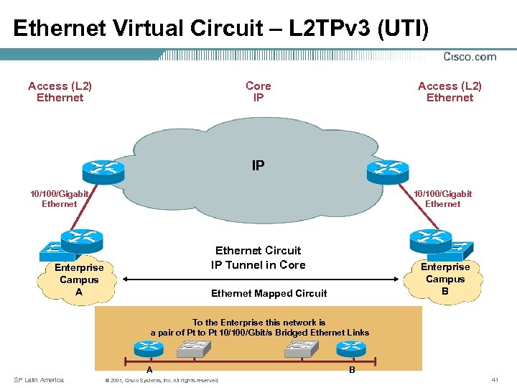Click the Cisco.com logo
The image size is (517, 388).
[x=470, y=57]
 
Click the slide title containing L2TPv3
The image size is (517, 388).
[x=221, y=28]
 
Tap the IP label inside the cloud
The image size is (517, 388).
[x=258, y=165]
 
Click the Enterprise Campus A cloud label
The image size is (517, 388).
[x=79, y=280]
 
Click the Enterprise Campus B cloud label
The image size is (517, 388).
[x=445, y=279]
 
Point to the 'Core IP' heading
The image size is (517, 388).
[x=258, y=91]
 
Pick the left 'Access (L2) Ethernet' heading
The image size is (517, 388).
[x=60, y=91]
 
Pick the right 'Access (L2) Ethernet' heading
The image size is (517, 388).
[x=450, y=91]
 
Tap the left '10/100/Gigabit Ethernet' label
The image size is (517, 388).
[x=59, y=198]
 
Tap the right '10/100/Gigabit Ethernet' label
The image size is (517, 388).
[x=442, y=198]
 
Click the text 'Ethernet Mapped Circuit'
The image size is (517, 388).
[x=269, y=293]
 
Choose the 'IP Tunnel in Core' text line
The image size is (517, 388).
[x=258, y=264]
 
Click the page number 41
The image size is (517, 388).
[x=495, y=379]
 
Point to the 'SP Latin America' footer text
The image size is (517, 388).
[x=39, y=379]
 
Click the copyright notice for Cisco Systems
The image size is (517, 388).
[x=162, y=380]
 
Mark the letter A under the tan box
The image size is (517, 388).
[x=149, y=370]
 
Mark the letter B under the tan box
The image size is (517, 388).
[x=352, y=370]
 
